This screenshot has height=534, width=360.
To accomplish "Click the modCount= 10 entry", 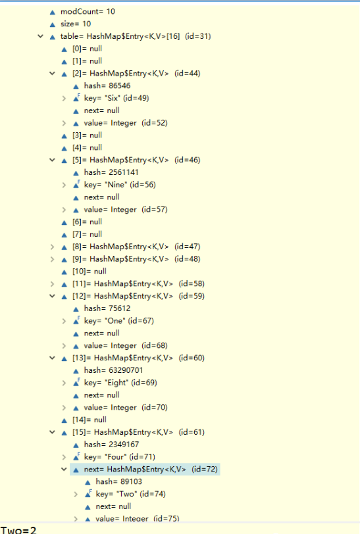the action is [x=88, y=12].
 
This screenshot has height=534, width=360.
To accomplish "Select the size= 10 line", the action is [x=75, y=24].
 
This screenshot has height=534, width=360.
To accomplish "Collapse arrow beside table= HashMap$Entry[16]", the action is [x=41, y=36].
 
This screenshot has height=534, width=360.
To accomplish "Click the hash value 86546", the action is [x=107, y=85].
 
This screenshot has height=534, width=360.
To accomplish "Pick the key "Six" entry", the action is [x=116, y=98].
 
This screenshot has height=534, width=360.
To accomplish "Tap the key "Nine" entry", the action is [x=120, y=185].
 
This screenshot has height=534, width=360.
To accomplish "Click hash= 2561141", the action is [x=111, y=172].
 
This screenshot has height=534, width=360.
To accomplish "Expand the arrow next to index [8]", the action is [x=52, y=247].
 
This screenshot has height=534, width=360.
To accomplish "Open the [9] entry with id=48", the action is [x=136, y=259].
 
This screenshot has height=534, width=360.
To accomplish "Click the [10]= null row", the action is [x=90, y=272].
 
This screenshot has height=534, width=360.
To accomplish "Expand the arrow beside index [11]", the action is [x=52, y=283].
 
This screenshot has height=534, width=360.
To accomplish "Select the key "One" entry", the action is [x=118, y=321].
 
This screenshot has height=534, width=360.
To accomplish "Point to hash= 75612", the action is [x=107, y=308].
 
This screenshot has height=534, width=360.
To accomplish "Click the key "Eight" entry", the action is [x=120, y=383].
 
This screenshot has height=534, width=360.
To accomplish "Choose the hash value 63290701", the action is [x=113, y=370].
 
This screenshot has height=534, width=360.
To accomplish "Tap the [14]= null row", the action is [x=90, y=420].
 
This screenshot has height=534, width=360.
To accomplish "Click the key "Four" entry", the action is [x=119, y=457].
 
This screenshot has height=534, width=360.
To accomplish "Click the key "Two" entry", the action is [x=130, y=494].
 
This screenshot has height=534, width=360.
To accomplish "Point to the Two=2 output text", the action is [x=18, y=530].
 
